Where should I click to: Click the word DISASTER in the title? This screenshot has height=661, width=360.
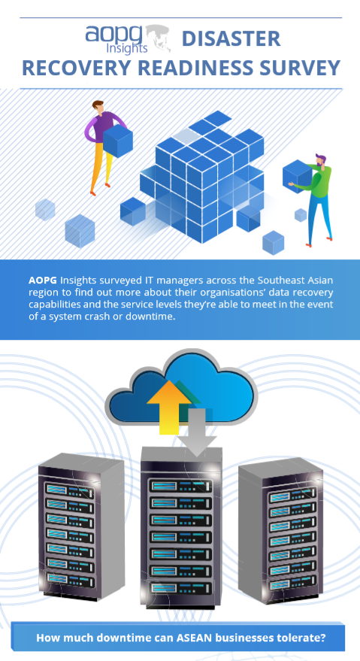[231, 39]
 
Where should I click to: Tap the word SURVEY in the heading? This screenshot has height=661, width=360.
[298, 68]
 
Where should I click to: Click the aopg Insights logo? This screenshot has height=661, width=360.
[128, 39]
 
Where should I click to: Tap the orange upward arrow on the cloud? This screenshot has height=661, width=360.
[168, 405]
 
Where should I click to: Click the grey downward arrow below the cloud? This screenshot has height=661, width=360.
[196, 432]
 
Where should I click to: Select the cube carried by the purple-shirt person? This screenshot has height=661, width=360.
[117, 141]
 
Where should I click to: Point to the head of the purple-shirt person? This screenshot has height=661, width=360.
[98, 107]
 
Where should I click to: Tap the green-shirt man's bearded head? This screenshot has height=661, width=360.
[320, 161]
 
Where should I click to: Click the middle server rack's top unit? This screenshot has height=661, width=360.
[180, 486]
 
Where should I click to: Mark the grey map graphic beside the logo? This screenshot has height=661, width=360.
[159, 38]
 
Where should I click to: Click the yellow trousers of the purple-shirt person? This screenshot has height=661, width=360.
[101, 164]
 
